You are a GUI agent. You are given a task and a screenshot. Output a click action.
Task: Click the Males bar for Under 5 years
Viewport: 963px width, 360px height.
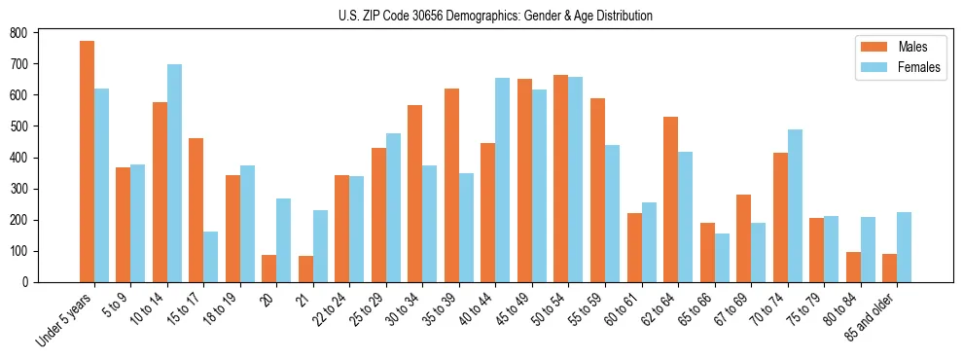point(87,162)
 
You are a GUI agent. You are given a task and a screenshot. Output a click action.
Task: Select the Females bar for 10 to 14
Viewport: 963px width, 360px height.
point(174,173)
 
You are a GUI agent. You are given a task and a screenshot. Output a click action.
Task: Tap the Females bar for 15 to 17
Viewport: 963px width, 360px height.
point(211,257)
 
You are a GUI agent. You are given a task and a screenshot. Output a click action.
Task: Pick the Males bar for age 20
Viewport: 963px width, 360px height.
point(269,269)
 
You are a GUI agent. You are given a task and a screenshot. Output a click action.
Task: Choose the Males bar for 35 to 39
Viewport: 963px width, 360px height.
point(451,186)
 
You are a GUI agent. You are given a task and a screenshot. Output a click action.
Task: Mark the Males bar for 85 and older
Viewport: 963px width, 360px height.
point(889,268)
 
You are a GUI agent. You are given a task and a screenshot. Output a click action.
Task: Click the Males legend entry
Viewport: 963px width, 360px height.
point(891,47)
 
